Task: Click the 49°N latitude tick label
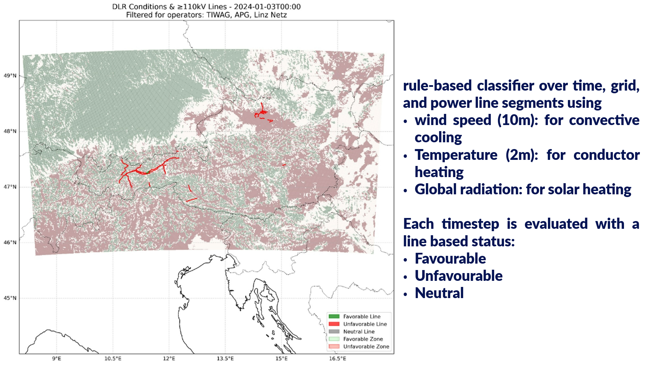pos(10,76)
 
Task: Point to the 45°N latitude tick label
pos(10,298)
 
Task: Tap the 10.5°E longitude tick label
pos(113,358)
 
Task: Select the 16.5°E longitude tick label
pos(338,358)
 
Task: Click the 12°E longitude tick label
pos(169,358)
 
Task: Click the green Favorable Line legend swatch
pos(334,316)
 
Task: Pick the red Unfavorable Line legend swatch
pos(334,324)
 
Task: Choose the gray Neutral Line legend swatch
pos(334,332)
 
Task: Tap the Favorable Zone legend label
pos(363,339)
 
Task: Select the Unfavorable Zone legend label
pos(366,346)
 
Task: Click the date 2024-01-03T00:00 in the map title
pos(267,7)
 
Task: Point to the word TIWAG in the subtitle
pos(218,15)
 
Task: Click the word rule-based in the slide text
pos(437,86)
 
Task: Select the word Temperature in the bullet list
pos(456,155)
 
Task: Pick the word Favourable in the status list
pos(450,259)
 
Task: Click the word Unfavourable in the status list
pos(459,276)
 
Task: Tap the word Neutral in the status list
pos(439,293)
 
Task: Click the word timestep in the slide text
pos(470,224)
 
